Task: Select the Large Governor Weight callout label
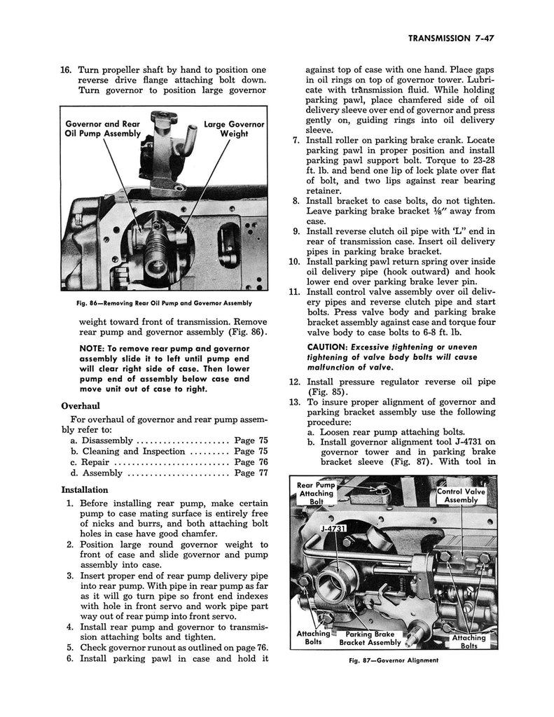(234, 129)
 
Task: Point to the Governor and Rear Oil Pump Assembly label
(102, 129)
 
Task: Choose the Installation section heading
(85, 489)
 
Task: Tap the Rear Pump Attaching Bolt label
(315, 493)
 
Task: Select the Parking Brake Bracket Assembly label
(371, 637)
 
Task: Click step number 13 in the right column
(294, 402)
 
